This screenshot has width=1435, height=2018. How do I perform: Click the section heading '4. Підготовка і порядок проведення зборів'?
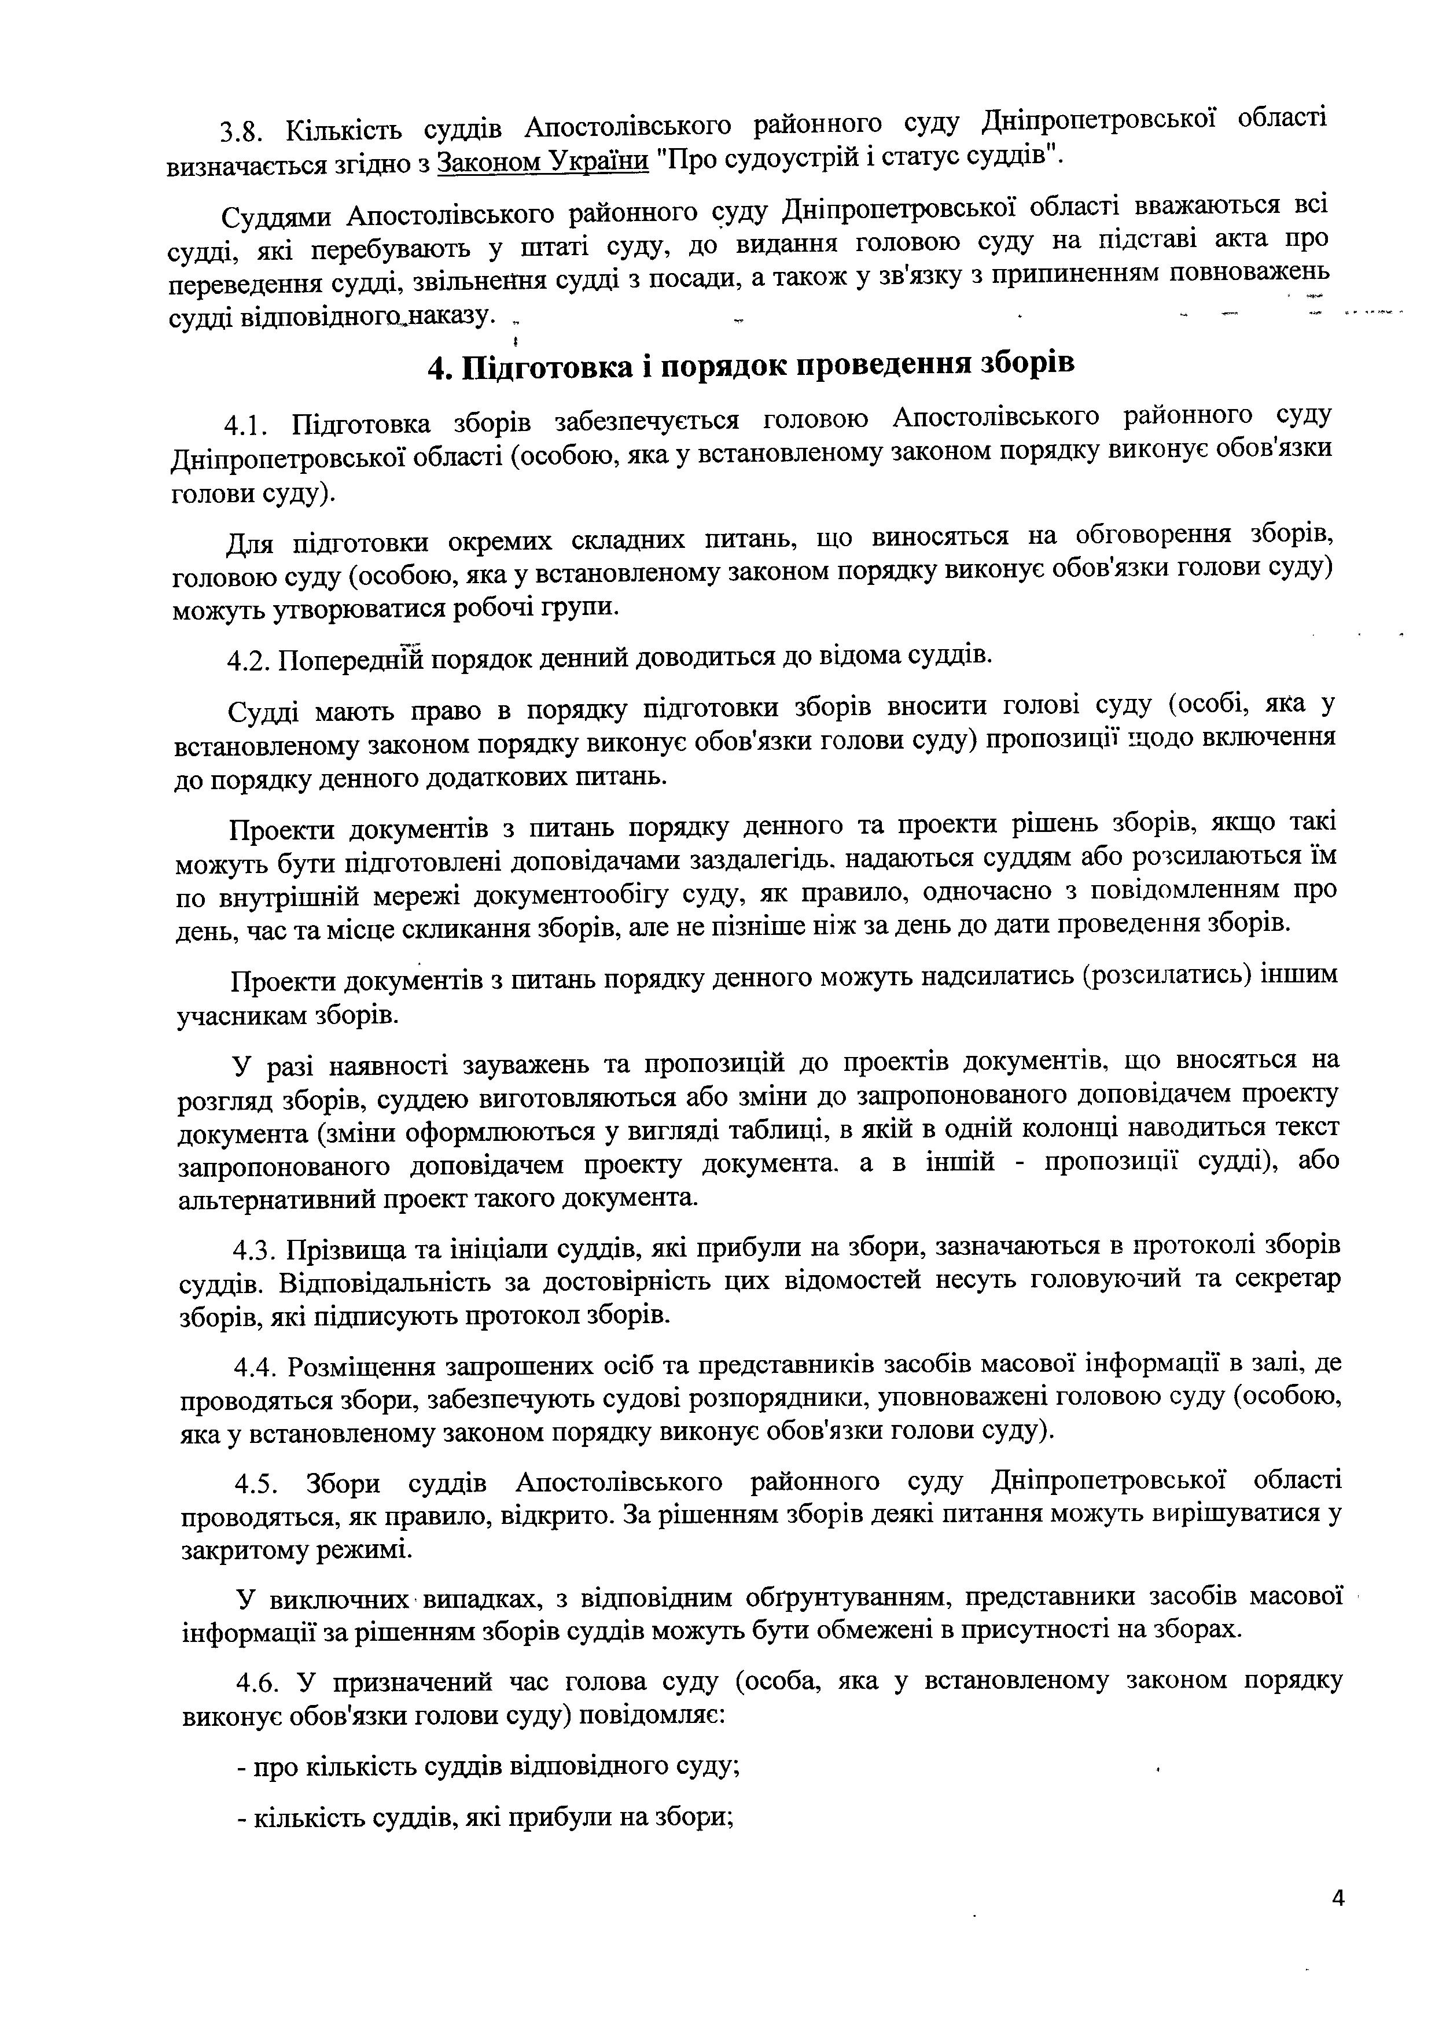(x=750, y=365)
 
